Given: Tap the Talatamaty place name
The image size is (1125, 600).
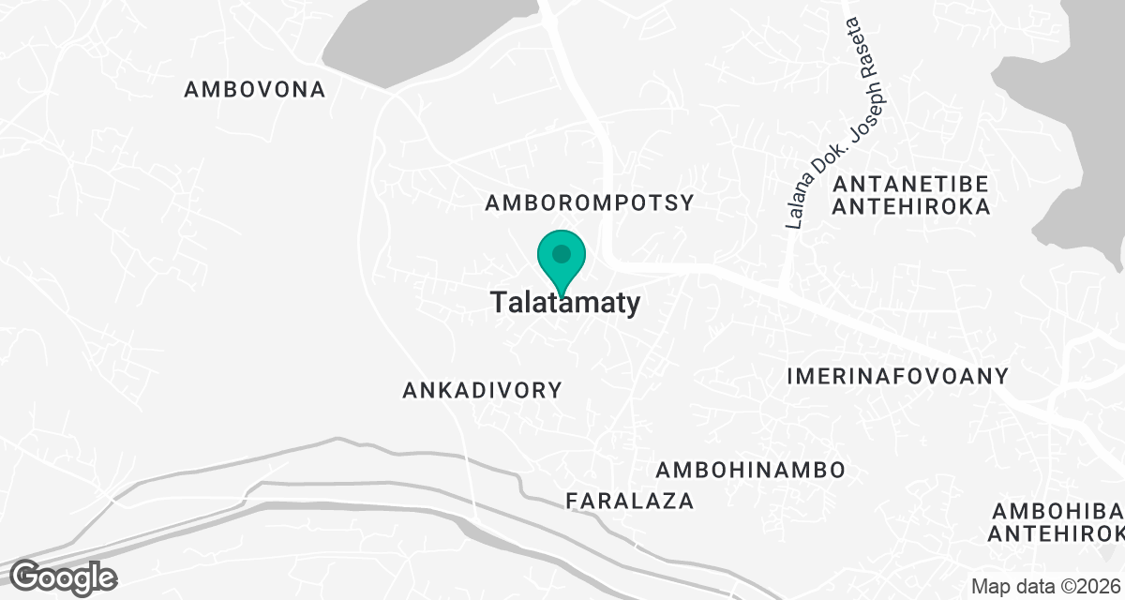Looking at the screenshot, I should [x=565, y=303].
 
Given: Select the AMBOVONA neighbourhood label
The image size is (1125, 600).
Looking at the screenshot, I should [x=255, y=90].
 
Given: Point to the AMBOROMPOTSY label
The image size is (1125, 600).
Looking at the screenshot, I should [x=591, y=202].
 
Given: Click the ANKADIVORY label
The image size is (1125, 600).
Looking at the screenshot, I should [x=482, y=390].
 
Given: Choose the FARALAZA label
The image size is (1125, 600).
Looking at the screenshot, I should [x=630, y=501].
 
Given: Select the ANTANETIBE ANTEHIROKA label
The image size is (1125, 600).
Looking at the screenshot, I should [x=910, y=194].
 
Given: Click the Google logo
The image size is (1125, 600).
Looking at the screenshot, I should [x=64, y=577].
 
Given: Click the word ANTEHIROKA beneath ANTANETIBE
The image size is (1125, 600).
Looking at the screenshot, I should [x=910, y=207].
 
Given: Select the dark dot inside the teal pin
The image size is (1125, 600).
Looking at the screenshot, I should [x=561, y=253].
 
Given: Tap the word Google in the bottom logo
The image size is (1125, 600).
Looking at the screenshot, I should [x=64, y=577].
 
